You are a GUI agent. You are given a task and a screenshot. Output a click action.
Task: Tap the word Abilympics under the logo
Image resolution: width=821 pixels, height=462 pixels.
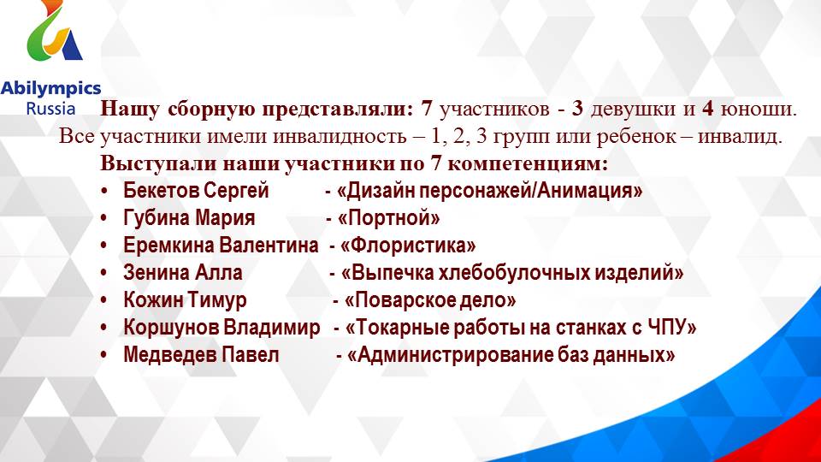click(50, 88)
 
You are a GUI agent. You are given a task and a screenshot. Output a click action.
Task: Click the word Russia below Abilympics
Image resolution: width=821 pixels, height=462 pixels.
click(50, 109)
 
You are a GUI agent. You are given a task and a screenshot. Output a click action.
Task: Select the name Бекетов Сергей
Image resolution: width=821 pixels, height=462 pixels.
click(196, 191)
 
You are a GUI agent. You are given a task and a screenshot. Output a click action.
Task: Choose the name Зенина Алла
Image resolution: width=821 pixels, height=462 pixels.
click(183, 273)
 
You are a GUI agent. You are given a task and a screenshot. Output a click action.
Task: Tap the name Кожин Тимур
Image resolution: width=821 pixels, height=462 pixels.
click(185, 300)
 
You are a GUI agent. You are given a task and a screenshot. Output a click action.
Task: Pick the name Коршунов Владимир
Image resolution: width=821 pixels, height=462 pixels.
click(222, 328)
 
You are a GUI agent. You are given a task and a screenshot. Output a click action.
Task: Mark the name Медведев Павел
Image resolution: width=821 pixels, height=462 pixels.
click(201, 355)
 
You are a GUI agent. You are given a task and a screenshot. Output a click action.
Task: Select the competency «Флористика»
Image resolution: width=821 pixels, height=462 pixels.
click(408, 246)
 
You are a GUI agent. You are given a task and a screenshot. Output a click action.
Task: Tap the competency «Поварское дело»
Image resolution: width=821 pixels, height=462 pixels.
click(430, 300)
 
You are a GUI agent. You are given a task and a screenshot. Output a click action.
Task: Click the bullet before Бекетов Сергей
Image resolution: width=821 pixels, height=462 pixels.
click(103, 191)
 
